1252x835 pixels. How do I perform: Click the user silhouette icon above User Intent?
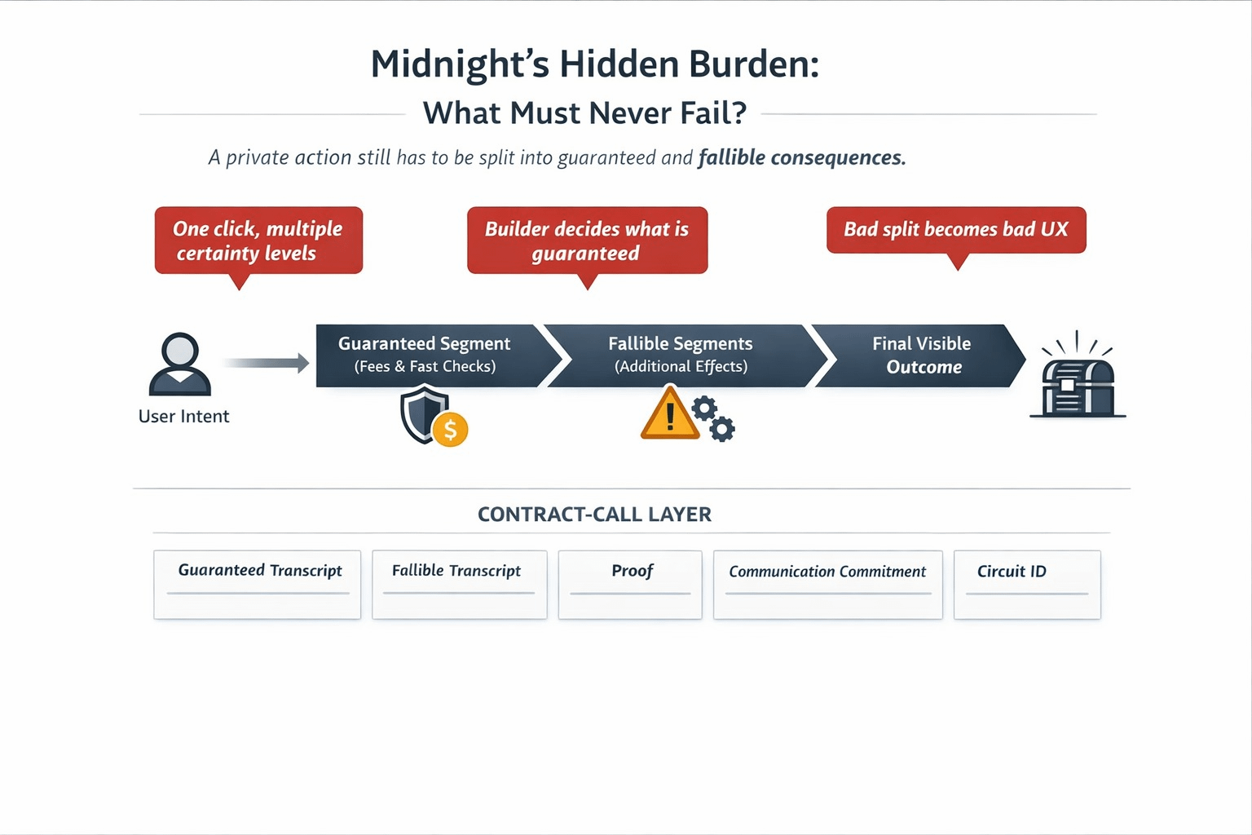[x=180, y=364]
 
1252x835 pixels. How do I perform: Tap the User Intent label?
[x=183, y=417]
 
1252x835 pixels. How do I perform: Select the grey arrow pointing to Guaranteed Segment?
[x=266, y=363]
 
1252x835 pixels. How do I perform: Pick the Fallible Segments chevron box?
[x=681, y=356]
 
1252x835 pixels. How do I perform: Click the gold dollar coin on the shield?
[x=450, y=429]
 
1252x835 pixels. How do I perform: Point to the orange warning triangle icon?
[x=668, y=415]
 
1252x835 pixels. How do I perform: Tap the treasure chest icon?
[x=1078, y=387]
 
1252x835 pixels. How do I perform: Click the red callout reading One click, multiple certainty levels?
[x=258, y=241]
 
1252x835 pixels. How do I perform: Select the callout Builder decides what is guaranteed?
[x=587, y=241]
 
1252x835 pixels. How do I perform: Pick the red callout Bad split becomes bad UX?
[x=956, y=230]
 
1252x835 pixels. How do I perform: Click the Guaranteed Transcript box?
[x=258, y=584]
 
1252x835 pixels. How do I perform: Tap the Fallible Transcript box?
[x=459, y=584]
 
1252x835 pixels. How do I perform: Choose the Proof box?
[x=630, y=584]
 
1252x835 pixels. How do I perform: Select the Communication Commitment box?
[x=827, y=584]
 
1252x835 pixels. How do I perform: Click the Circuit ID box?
[x=1027, y=584]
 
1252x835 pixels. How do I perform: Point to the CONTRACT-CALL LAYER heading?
[x=594, y=515]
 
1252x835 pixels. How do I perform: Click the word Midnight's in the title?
[x=460, y=65]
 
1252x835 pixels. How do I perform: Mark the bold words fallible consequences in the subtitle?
[x=802, y=157]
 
